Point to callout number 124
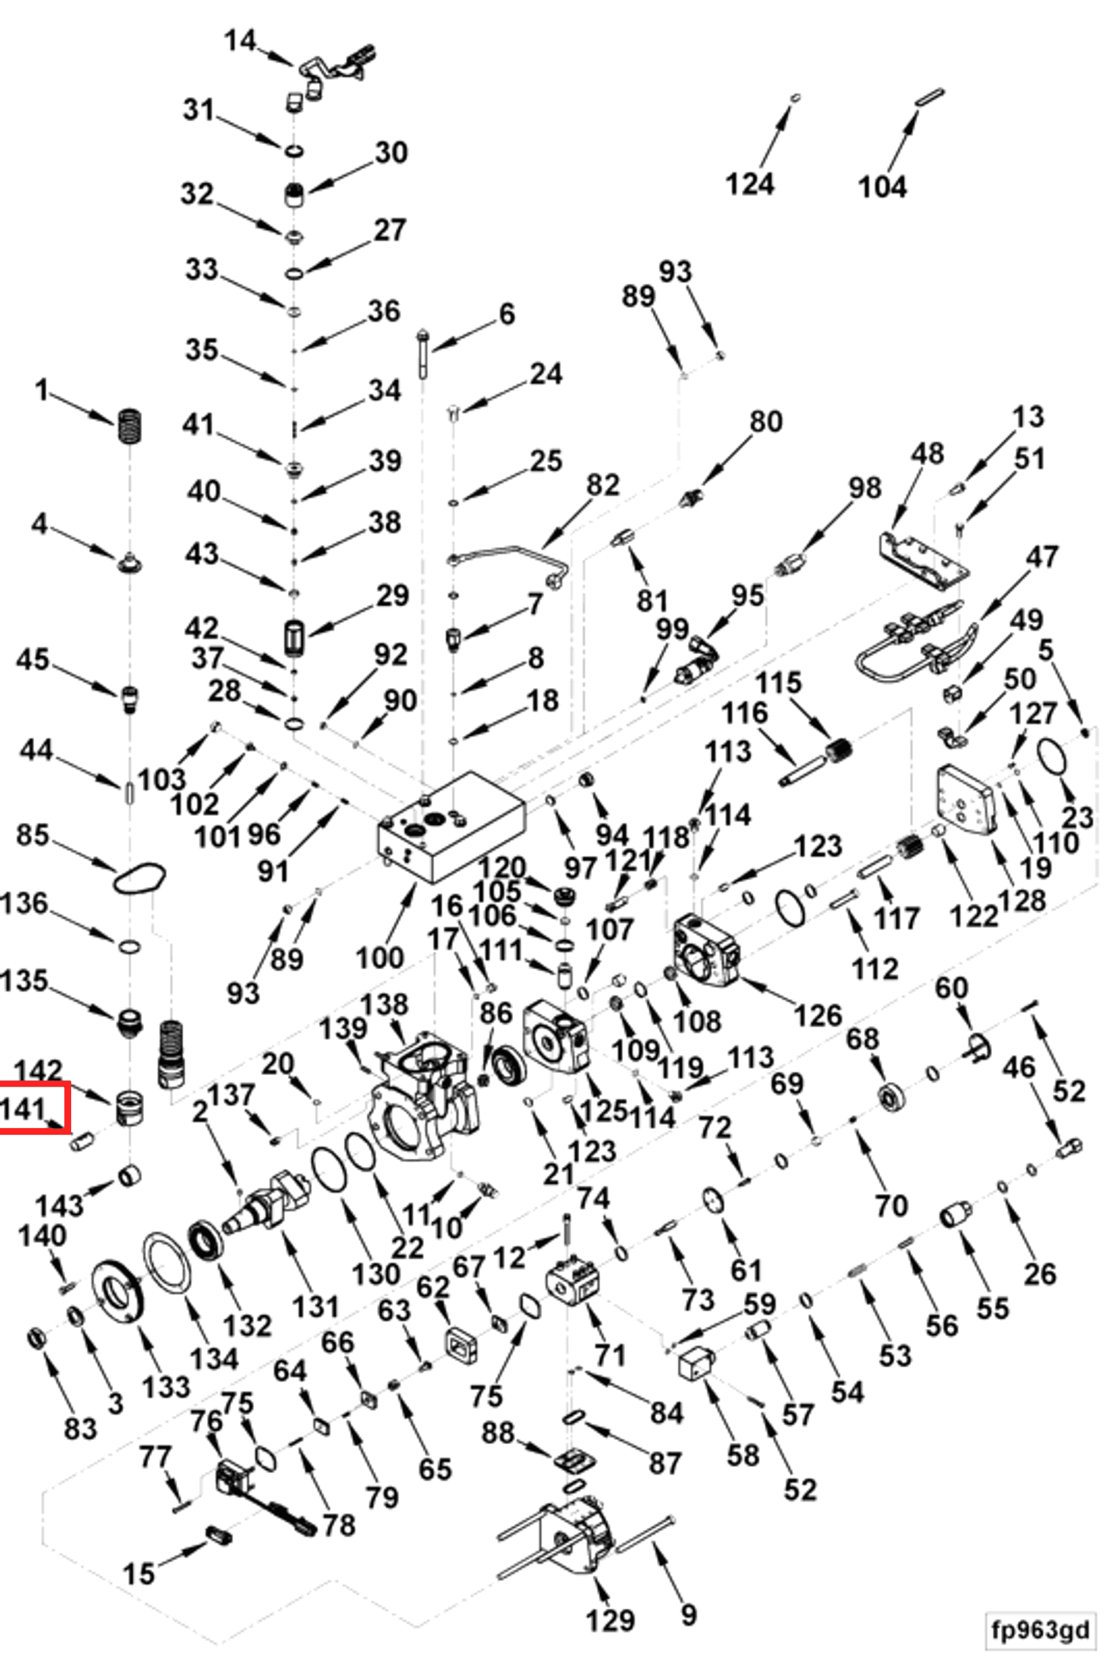750,184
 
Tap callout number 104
882,187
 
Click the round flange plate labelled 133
116,1297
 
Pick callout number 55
993,1308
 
